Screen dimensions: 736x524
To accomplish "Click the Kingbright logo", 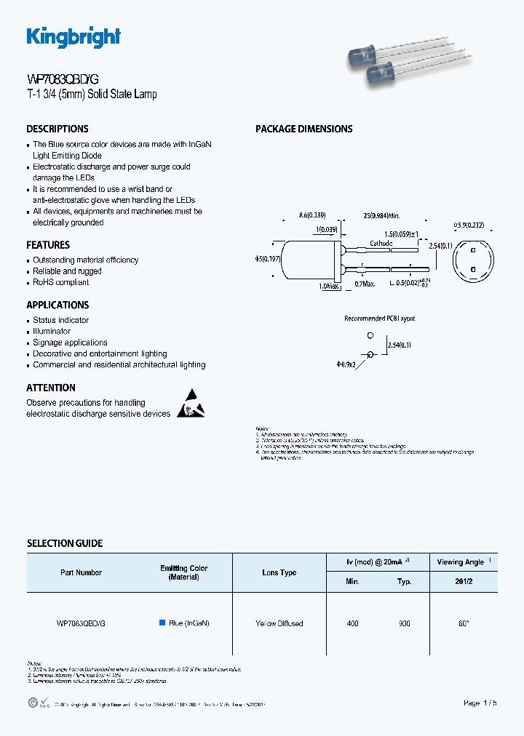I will pos(74,37).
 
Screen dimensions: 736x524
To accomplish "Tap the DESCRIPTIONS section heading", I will pos(57,129).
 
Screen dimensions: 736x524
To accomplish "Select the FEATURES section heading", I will pos(48,245).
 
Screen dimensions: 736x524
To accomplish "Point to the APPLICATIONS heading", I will pos(57,305).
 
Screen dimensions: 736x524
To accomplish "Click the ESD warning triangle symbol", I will pos(190,404).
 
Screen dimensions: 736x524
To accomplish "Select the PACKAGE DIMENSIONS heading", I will pos(303,129).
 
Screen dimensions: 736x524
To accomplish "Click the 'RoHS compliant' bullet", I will pos(61,282).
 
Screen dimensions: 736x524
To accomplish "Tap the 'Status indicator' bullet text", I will pos(61,320).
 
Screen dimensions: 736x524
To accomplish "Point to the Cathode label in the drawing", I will pos(381,244).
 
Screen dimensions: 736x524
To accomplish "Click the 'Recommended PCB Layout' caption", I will pos(379,319).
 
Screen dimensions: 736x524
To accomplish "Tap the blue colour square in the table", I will pos(162,623).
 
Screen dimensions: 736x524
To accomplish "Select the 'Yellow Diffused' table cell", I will pos(279,623).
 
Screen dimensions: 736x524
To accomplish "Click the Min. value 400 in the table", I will pos(352,623).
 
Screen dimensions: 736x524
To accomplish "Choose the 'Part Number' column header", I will pos(81,572).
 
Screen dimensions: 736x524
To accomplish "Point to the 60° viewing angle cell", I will pos(463,623).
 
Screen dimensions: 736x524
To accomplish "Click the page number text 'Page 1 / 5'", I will pos(481,703).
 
